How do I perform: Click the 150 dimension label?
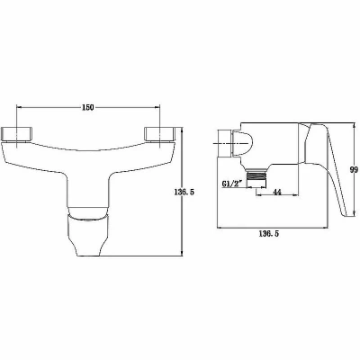(x=87, y=107)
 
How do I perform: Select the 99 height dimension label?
(x=354, y=170)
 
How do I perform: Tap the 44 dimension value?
(x=277, y=193)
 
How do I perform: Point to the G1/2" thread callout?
(x=231, y=184)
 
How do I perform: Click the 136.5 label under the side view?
(x=269, y=234)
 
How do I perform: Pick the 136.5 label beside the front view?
(x=184, y=192)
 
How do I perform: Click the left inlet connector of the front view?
(x=17, y=134)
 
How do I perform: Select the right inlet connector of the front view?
(x=159, y=134)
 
